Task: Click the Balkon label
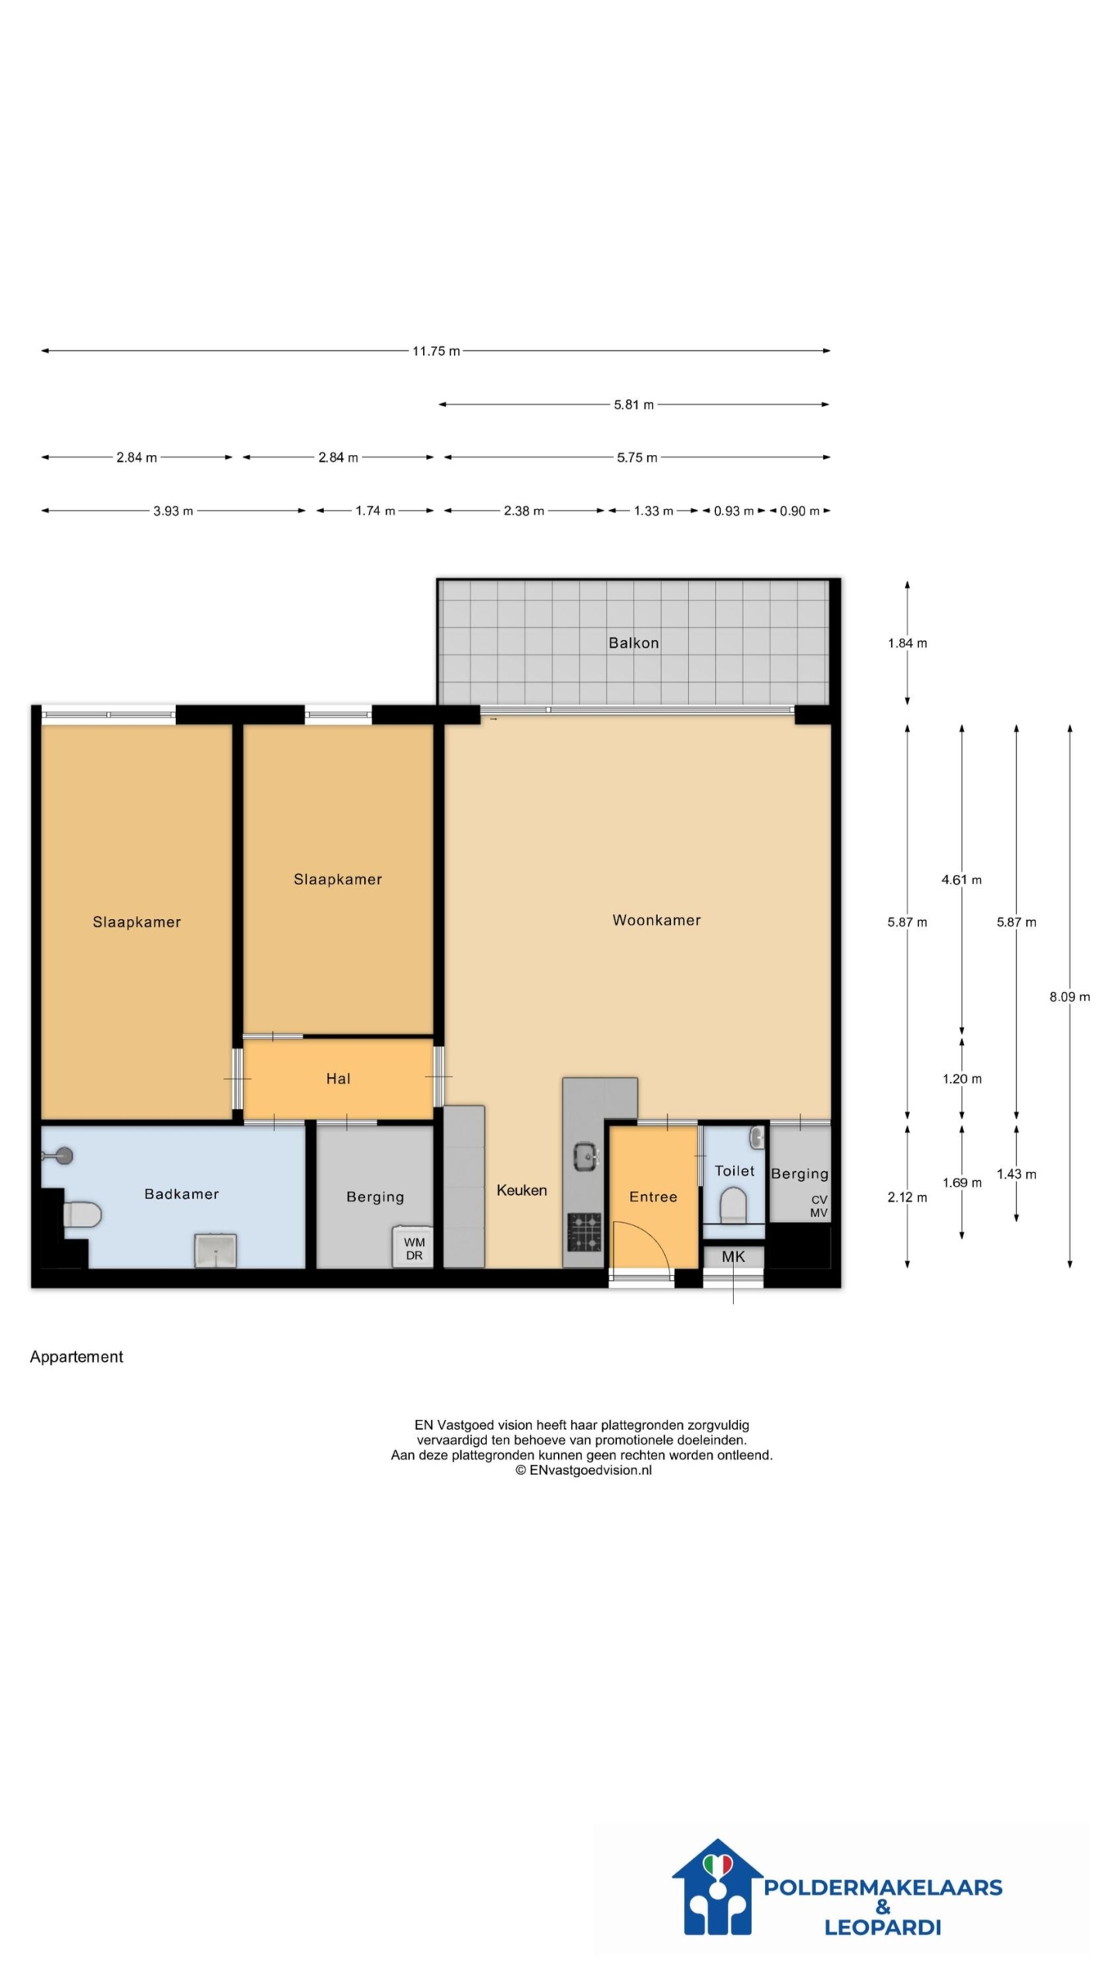coord(633,642)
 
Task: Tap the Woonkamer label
coord(656,920)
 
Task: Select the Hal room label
coord(338,1078)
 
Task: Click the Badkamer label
coord(181,1193)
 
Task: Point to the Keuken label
coord(522,1190)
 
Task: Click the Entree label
coord(653,1197)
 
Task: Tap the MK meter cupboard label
coord(733,1256)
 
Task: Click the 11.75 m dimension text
coord(436,351)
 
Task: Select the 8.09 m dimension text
coord(1069,997)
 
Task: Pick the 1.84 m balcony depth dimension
coord(908,642)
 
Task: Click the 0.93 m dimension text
coord(734,511)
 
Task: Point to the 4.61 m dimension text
coord(962,880)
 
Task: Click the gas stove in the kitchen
coord(584,1231)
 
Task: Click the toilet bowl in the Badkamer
coord(81,1214)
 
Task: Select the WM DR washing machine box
coord(414,1246)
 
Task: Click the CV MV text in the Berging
coord(818,1206)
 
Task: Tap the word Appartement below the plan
coord(76,1356)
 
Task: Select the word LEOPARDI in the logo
coord(883,1927)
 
